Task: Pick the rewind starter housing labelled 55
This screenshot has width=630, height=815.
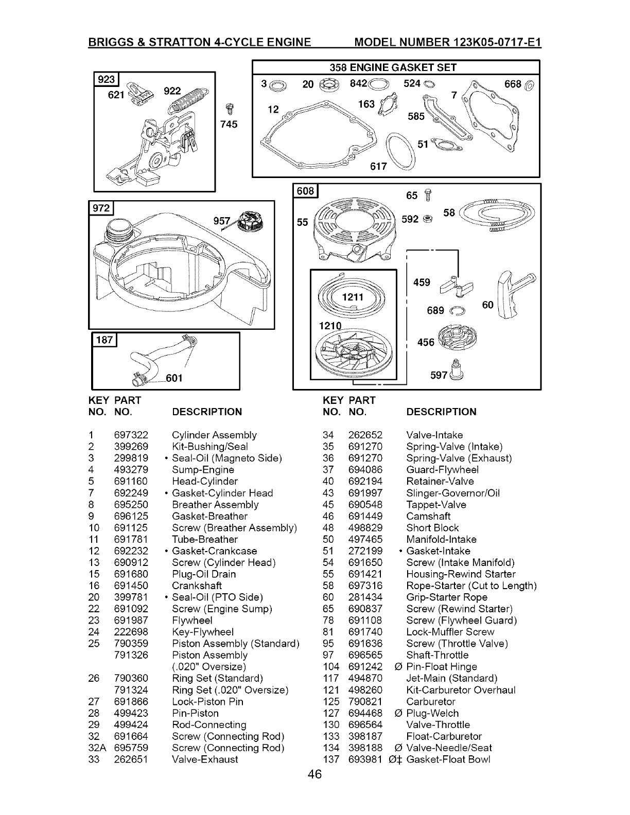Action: click(356, 227)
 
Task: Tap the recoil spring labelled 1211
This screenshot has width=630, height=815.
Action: click(352, 297)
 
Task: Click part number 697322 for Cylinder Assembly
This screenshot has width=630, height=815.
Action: click(131, 435)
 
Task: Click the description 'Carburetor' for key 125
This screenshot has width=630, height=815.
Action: click(430, 701)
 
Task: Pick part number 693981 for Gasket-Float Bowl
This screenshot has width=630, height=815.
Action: click(365, 759)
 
